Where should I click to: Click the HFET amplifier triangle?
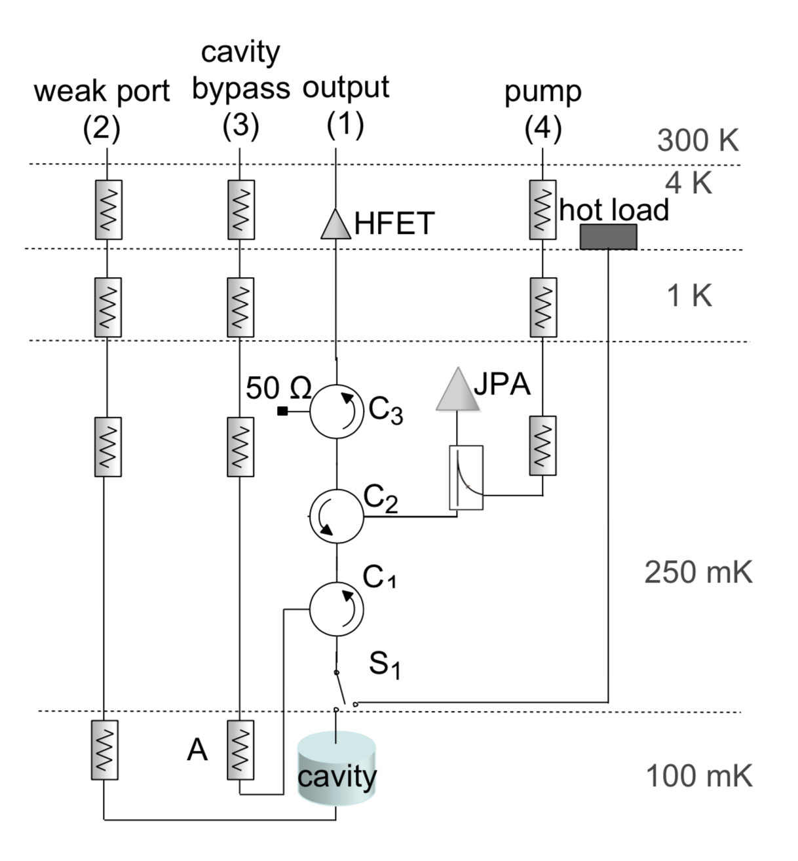coord(336,225)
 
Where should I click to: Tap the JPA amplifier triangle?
coord(457,392)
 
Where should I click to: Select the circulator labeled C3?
coord(336,411)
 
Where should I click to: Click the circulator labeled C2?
coord(336,516)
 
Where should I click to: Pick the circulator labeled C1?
coord(336,609)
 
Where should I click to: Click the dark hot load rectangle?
coord(608,237)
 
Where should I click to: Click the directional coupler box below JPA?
coord(466,478)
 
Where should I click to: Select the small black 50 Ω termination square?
coord(282,411)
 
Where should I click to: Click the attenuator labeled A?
coord(240,750)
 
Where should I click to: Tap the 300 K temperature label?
coord(697,141)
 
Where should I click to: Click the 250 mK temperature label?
coord(698,572)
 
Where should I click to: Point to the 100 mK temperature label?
coord(699,776)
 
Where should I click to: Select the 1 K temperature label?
coord(689,296)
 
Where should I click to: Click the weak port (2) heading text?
coord(102,108)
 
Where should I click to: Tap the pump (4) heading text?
coord(542,109)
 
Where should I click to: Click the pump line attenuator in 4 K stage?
coord(542,210)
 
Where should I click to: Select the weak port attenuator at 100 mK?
coord(104,750)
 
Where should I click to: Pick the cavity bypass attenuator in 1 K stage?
coord(240,307)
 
